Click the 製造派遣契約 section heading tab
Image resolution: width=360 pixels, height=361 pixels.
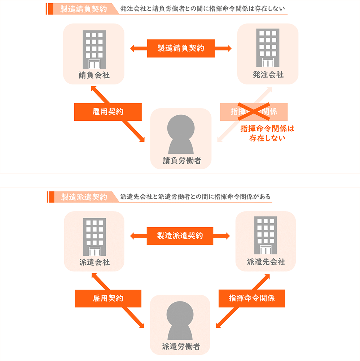[84, 197]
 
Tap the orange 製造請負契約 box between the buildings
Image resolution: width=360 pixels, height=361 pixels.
[181, 48]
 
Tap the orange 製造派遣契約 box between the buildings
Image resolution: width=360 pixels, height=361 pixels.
[180, 236]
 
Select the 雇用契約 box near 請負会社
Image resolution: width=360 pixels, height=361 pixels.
[107, 112]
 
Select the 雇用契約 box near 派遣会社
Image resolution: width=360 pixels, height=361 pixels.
[108, 298]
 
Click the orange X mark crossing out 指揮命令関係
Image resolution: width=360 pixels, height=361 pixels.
[254, 111]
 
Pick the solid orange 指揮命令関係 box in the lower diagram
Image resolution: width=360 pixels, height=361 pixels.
[252, 298]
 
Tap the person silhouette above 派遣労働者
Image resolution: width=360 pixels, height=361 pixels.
[180, 321]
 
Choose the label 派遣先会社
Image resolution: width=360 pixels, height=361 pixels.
[266, 262]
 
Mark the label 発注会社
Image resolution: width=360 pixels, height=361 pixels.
[268, 75]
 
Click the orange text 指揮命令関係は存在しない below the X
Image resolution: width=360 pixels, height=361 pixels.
[267, 133]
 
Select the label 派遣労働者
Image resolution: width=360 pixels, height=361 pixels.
[180, 347]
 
